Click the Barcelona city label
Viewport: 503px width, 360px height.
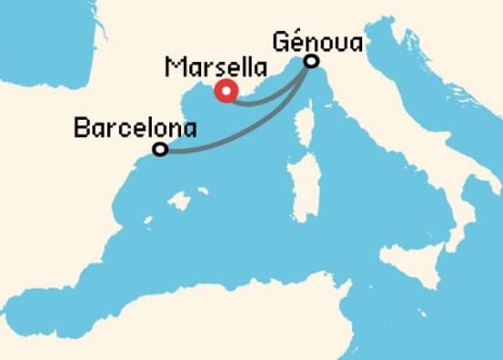click(x=134, y=128)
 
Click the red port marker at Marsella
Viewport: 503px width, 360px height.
click(x=225, y=90)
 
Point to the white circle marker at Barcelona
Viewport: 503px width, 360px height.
click(x=160, y=149)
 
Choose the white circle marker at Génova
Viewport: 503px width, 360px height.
click(x=312, y=61)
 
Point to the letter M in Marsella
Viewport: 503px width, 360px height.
click(x=174, y=69)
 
